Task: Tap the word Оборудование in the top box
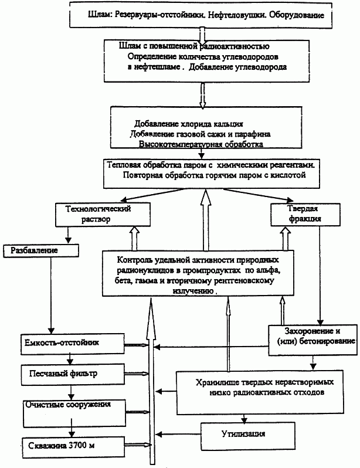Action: [297, 15]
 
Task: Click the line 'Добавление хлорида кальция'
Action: [188, 124]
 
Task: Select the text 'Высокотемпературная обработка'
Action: [201, 144]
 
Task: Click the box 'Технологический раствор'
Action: [103, 215]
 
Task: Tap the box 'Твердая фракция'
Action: [305, 215]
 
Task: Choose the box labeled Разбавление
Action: [41, 251]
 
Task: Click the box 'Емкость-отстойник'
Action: [73, 344]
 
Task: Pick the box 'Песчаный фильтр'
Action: [73, 374]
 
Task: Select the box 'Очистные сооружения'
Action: [74, 413]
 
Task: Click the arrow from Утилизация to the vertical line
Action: [178, 434]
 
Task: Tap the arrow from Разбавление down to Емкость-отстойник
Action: [51, 295]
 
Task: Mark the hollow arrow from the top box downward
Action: [202, 35]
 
